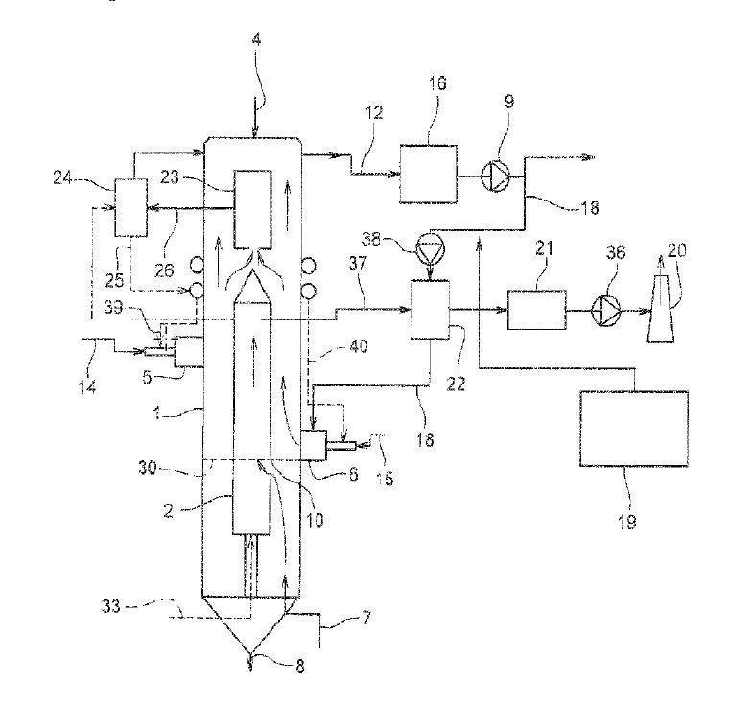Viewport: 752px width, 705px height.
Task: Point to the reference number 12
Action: (x=374, y=113)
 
